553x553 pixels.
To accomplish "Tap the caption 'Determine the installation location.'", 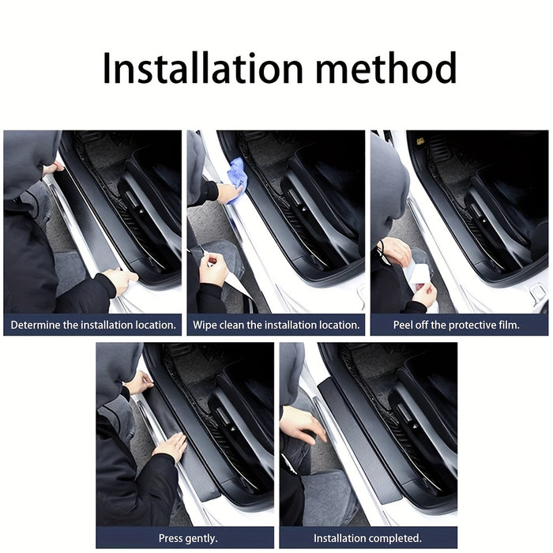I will [x=93, y=325].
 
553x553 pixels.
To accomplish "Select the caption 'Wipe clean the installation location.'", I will [x=276, y=325].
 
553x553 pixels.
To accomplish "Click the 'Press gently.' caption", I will [x=185, y=538].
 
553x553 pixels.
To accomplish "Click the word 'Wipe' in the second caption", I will [x=205, y=325].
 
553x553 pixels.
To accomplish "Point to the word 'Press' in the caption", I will [x=171, y=538].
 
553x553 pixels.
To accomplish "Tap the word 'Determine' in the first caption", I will [x=36, y=325].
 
